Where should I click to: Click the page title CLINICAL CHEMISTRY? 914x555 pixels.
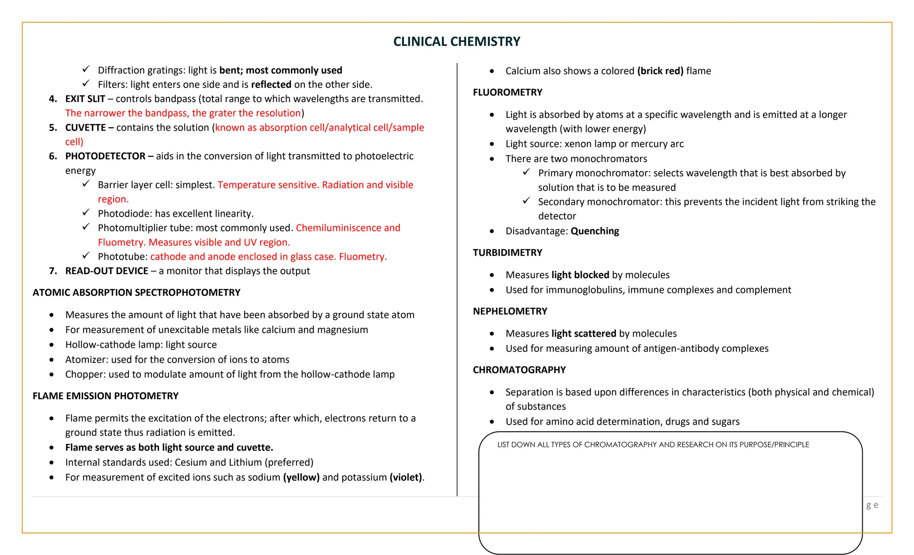click(457, 42)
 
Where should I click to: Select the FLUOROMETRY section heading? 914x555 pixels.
click(507, 92)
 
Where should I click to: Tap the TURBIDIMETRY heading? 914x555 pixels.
click(507, 253)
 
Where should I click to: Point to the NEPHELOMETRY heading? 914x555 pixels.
click(510, 311)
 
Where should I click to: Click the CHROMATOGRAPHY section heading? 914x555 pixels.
click(519, 370)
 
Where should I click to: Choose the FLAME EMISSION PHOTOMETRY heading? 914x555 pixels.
click(105, 396)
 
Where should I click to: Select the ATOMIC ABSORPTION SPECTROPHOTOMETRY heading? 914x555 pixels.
click(136, 292)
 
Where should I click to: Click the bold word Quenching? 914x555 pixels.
click(594, 231)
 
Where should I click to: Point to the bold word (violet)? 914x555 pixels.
click(406, 477)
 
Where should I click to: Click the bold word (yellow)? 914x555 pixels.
click(301, 477)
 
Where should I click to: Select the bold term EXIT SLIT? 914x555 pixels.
click(85, 99)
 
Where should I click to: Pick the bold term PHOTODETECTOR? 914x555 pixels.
click(105, 156)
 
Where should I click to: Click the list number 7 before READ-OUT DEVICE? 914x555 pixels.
click(53, 271)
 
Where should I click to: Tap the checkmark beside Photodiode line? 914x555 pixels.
click(86, 213)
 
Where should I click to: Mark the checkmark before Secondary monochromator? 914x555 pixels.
click(527, 201)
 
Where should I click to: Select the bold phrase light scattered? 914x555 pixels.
click(583, 334)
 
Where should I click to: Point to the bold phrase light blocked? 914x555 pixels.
click(580, 275)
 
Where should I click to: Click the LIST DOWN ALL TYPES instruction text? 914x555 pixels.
click(653, 445)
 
